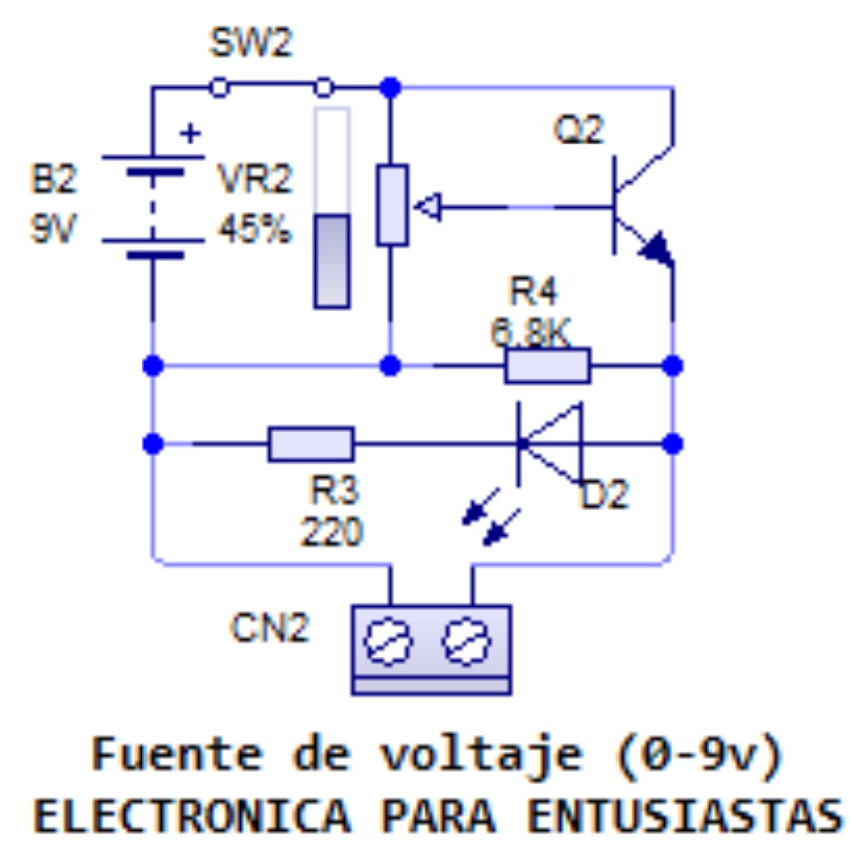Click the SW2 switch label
pyautogui.click(x=252, y=44)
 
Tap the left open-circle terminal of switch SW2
pyautogui.click(x=218, y=88)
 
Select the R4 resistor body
pyautogui.click(x=547, y=366)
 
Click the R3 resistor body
pyautogui.click(x=311, y=443)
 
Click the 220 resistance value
pyautogui.click(x=333, y=532)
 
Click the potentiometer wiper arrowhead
pyautogui.click(x=426, y=207)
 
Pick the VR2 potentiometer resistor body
pyautogui.click(x=392, y=204)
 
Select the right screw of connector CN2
pyautogui.click(x=465, y=641)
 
